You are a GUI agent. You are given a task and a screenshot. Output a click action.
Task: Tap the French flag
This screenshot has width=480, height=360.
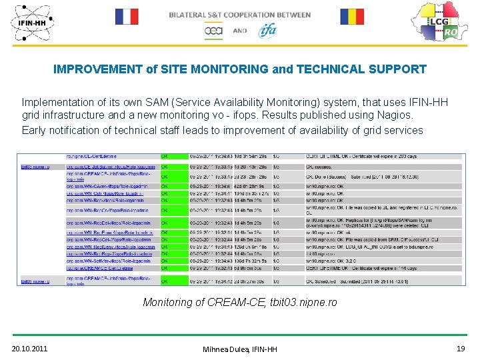click(127, 17)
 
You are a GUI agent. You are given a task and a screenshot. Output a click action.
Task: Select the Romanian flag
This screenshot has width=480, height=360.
click(352, 17)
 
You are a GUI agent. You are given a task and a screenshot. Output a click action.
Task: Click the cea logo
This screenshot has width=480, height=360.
click(213, 31)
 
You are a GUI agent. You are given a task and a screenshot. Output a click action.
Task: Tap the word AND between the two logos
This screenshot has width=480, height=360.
click(240, 31)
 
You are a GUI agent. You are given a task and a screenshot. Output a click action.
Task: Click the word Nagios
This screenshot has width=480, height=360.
click(394, 115)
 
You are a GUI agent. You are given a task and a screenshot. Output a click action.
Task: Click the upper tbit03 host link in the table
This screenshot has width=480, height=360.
click(35, 167)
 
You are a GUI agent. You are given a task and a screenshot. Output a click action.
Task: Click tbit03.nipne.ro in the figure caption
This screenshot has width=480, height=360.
click(303, 303)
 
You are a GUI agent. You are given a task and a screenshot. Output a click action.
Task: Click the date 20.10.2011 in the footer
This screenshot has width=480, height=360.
click(29, 348)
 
